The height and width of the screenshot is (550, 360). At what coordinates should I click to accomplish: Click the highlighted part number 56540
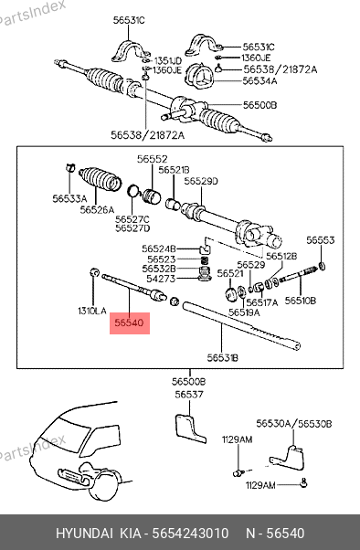130,323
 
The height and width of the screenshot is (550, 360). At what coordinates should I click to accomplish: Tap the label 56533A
69,199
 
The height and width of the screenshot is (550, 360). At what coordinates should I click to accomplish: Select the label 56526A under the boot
97,210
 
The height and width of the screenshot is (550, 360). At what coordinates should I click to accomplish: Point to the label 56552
153,159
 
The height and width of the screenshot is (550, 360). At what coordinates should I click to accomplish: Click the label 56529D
201,181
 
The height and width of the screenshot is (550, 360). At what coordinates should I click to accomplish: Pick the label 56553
321,240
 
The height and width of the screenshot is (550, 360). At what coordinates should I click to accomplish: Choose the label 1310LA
92,311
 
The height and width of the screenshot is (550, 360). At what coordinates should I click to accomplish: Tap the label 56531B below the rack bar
222,358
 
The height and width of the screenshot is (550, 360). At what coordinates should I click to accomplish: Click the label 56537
189,395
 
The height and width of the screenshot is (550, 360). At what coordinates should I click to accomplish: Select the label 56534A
259,81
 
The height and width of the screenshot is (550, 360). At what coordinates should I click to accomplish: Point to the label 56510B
301,301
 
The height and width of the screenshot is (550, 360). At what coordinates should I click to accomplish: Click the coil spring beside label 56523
204,260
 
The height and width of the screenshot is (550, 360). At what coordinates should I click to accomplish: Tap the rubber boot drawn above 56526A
101,179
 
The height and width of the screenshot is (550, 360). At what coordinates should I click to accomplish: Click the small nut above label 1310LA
94,272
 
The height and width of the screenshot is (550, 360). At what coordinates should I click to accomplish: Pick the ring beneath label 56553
322,266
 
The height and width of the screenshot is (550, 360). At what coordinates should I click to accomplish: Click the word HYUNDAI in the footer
84,534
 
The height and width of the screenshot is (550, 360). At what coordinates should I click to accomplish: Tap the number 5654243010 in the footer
190,534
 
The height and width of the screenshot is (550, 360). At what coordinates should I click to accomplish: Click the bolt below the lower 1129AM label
304,483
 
